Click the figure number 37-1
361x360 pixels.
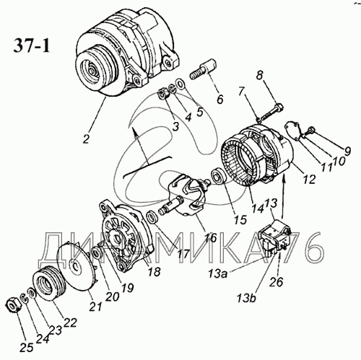click(x=31, y=45)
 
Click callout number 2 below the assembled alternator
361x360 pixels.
click(x=86, y=139)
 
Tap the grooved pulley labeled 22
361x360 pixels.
click(x=50, y=282)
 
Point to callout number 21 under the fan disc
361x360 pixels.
click(x=95, y=307)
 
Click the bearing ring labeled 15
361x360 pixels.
click(x=217, y=176)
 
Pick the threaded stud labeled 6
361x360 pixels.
click(x=204, y=69)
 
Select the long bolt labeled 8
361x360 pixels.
click(x=271, y=112)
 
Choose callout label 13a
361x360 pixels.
click(x=218, y=274)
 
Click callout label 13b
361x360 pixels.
click(x=247, y=298)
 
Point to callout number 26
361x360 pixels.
click(x=276, y=281)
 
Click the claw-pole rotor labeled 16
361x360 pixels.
click(x=186, y=196)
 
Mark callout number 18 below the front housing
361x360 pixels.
click(x=155, y=271)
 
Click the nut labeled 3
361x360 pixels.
click(x=165, y=95)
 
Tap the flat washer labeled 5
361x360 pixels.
click(x=180, y=83)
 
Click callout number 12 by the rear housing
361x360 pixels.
click(x=309, y=179)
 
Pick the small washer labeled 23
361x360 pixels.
click(x=32, y=294)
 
